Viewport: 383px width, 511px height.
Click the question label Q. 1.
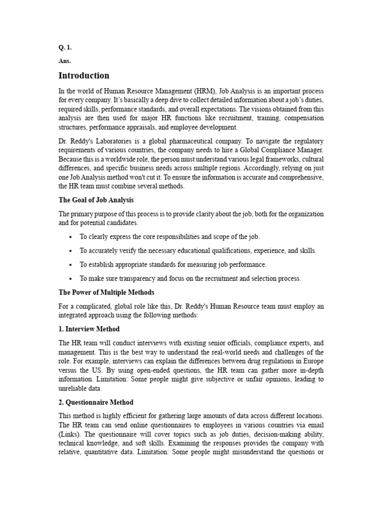click(65, 47)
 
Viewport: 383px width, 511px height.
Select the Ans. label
click(65, 61)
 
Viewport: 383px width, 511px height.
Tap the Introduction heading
click(84, 76)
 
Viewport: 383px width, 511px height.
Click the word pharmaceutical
click(196, 141)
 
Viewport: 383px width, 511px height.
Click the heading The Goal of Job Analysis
click(96, 200)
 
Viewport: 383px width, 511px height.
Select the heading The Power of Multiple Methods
click(107, 292)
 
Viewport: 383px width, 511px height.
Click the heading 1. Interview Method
click(89, 329)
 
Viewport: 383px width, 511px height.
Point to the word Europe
click(314, 361)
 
